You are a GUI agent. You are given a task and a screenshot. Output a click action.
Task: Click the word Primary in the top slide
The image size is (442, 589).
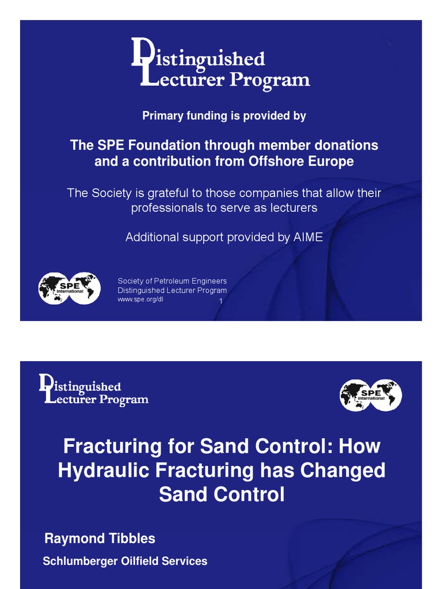162,116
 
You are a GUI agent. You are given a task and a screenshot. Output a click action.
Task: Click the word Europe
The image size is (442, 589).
330,162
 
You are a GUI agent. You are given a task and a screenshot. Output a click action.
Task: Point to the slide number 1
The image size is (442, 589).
220,301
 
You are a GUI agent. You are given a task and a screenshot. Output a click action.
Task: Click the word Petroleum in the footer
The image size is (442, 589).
174,281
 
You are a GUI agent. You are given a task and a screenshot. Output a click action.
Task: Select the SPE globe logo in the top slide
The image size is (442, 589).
69,288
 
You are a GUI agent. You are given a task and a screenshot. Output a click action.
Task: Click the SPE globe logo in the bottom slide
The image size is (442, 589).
371,395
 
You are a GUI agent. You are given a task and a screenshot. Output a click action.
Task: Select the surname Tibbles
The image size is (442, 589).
132,539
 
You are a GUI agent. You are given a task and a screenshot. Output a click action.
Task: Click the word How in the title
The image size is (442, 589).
360,446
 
